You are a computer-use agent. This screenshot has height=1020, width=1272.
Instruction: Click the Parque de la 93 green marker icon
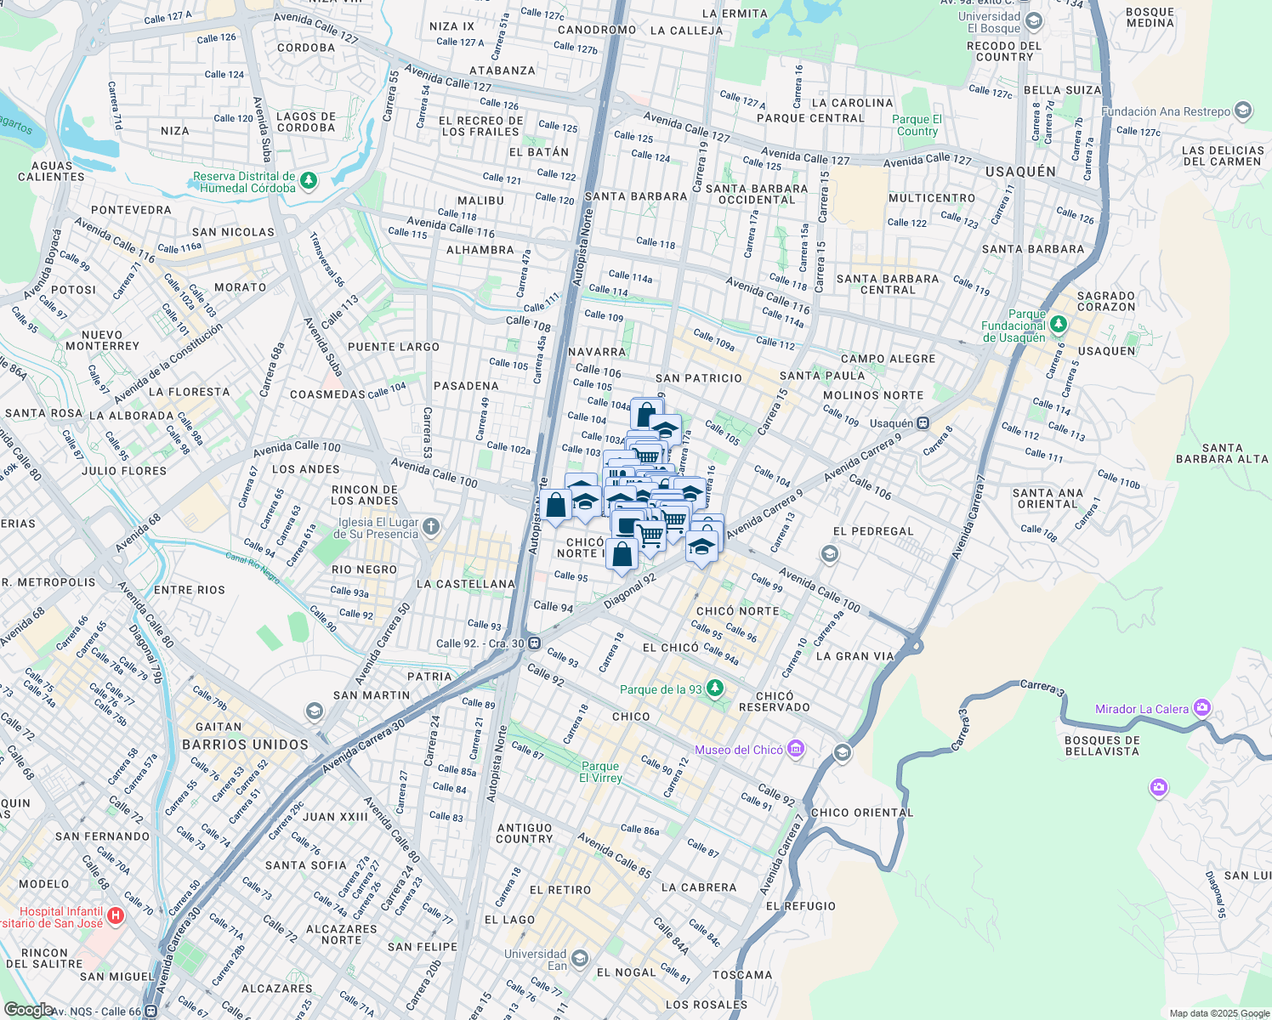pos(715,688)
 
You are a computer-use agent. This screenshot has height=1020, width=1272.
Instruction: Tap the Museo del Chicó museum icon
pos(796,749)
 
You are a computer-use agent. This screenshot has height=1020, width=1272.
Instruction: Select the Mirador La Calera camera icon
pos(1201,707)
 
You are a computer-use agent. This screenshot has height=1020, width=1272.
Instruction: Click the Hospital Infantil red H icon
pos(116,916)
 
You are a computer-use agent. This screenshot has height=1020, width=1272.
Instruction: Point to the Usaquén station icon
pos(923,422)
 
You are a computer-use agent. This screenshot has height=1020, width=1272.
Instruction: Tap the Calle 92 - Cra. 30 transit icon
pos(534,643)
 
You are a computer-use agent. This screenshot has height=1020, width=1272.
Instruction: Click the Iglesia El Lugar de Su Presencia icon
pos(431,527)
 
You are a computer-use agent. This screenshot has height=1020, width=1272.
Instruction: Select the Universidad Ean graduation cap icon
pos(580,959)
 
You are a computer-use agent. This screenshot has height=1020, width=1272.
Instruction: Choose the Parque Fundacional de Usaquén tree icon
pos(1058,324)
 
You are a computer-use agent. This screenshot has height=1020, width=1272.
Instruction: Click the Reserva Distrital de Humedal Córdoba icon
pos(309,180)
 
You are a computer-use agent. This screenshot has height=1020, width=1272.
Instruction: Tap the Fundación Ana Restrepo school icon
pos(1243,110)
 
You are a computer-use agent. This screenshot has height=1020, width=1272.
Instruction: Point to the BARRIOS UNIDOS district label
pos(245,745)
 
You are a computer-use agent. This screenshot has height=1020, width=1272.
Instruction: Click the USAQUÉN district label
pos(1020,172)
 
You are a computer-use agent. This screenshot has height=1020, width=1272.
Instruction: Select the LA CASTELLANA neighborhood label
pos(466,584)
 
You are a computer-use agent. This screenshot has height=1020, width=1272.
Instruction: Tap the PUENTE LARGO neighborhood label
pos(394,347)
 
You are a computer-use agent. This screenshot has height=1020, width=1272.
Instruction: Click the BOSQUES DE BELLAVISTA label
pos(1101,745)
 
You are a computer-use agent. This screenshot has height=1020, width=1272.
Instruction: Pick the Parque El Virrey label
pos(600,772)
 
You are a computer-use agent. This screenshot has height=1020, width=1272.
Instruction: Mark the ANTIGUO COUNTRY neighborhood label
pos(525,833)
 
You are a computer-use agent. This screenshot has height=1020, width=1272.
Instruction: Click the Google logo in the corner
pos(28,1009)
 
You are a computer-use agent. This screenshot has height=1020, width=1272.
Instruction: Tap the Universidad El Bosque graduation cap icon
pos(1034,21)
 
